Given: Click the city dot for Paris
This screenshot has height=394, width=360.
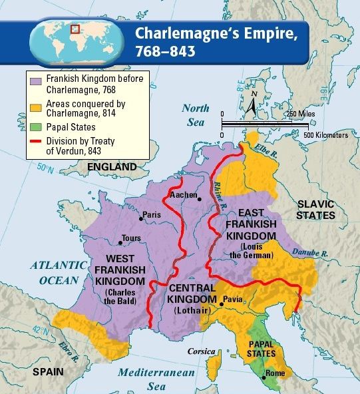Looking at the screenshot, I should click(x=141, y=218).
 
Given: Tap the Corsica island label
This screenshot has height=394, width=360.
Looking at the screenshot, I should click(x=201, y=351).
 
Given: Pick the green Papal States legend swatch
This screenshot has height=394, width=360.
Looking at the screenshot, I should click(x=35, y=126).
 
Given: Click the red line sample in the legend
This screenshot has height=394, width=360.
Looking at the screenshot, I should click(x=35, y=141).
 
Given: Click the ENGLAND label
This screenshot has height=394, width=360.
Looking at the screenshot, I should click(x=115, y=166).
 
